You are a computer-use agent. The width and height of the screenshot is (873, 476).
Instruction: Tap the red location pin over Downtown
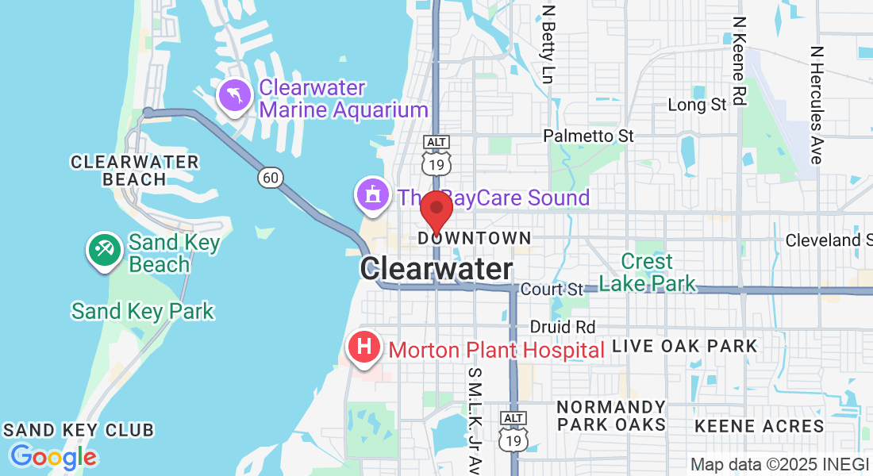coord(436,209)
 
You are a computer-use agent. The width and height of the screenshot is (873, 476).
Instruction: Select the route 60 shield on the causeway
coord(271,178)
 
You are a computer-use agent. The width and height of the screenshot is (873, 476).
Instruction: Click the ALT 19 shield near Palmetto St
coord(436,155)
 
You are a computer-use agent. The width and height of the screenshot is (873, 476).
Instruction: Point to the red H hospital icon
coord(364,347)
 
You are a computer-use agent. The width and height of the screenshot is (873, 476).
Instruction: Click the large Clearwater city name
coord(436,269)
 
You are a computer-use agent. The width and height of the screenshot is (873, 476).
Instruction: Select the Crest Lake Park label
coord(647,272)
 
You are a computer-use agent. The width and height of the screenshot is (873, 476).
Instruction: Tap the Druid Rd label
coord(562,327)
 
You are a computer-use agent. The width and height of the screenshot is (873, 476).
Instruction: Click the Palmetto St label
coord(588,136)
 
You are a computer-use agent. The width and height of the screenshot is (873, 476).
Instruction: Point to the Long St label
coord(697,105)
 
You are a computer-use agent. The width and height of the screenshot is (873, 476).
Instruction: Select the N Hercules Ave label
coord(817,103)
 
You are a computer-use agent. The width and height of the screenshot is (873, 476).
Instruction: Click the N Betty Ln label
coord(548,45)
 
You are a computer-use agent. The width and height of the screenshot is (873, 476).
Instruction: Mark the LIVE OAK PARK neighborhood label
coord(685,346)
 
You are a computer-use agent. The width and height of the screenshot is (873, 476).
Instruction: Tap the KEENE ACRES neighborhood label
coord(760,426)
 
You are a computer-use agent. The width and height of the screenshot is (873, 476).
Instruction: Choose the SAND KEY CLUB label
coord(78,430)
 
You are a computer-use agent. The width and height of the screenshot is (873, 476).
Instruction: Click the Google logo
coord(53,457)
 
